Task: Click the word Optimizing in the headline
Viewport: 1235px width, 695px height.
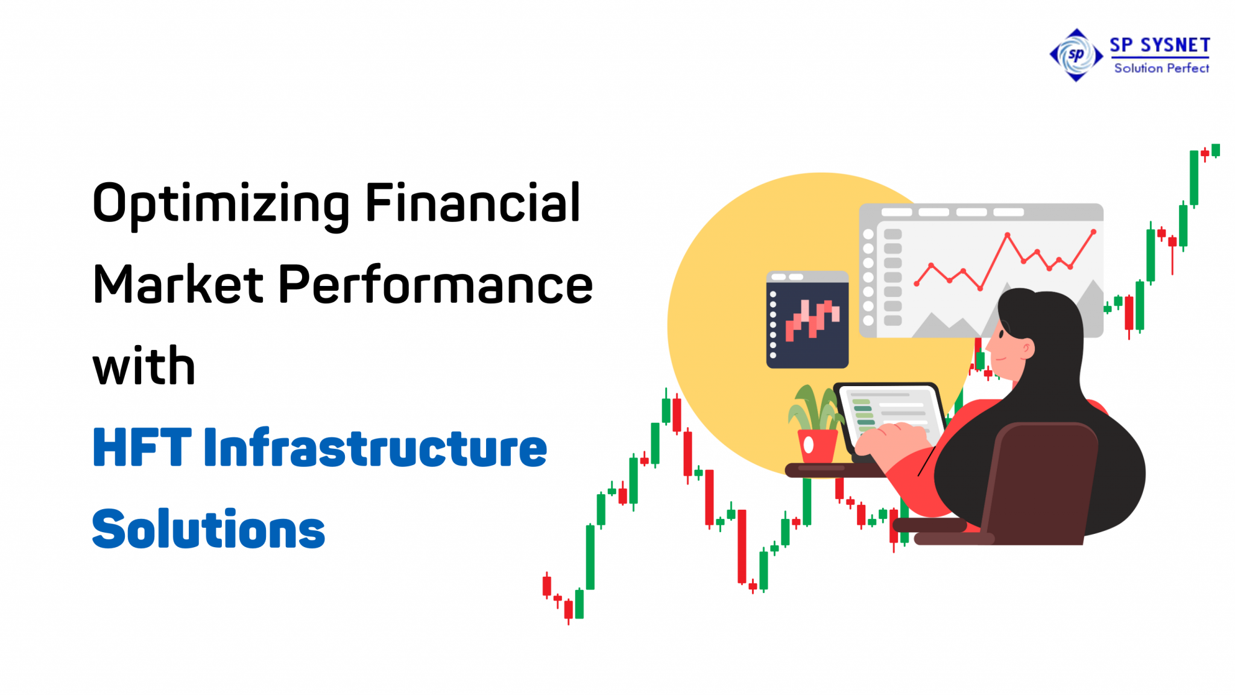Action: [x=221, y=203]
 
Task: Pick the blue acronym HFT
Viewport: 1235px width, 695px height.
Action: [x=142, y=448]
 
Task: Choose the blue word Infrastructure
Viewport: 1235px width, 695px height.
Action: [x=375, y=448]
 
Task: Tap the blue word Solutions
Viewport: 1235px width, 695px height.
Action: [x=208, y=529]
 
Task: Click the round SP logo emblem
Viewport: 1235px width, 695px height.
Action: [x=1076, y=55]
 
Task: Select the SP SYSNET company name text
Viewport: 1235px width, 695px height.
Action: [x=1160, y=45]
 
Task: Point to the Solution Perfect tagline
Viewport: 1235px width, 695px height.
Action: [x=1161, y=68]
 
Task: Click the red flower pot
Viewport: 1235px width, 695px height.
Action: [x=817, y=446]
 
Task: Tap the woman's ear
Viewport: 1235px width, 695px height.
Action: [x=1027, y=348]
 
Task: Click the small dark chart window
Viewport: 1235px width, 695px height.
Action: [x=807, y=320]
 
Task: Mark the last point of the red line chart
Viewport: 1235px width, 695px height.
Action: [x=1093, y=232]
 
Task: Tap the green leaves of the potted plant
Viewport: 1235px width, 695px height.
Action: [x=814, y=407]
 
